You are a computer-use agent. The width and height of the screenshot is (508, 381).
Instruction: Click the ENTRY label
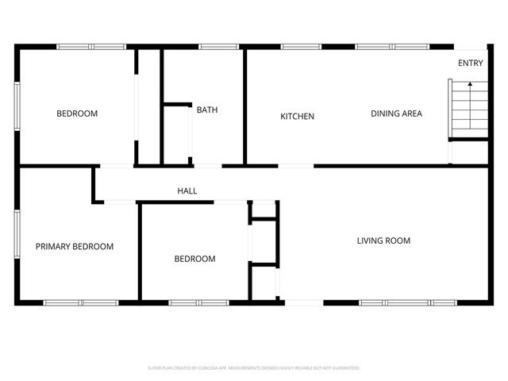470,63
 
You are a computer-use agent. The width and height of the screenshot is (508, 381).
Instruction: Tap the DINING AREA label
396,114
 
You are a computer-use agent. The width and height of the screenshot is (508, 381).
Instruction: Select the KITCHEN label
298,117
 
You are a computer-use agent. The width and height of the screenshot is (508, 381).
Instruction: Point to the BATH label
207,110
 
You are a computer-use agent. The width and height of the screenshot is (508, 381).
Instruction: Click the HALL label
187,191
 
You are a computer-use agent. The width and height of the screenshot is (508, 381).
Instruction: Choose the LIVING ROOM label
383,241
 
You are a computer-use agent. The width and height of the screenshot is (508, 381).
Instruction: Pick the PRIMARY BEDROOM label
75,247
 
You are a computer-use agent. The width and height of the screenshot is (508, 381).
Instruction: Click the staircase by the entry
467,110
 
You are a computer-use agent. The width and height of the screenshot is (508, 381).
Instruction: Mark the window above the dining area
392,47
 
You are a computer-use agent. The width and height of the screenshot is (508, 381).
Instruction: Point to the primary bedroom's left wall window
17,236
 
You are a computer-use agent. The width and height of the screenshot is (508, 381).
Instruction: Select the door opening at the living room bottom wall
304,302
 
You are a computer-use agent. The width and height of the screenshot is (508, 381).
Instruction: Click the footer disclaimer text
254,368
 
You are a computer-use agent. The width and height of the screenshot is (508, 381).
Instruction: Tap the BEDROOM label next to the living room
194,259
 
